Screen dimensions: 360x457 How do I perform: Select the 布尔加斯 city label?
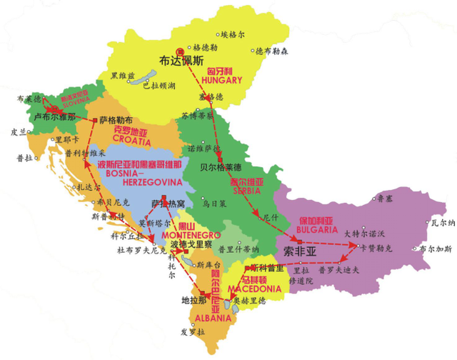click(436, 249)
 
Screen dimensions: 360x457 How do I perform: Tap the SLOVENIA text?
click(74, 99)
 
